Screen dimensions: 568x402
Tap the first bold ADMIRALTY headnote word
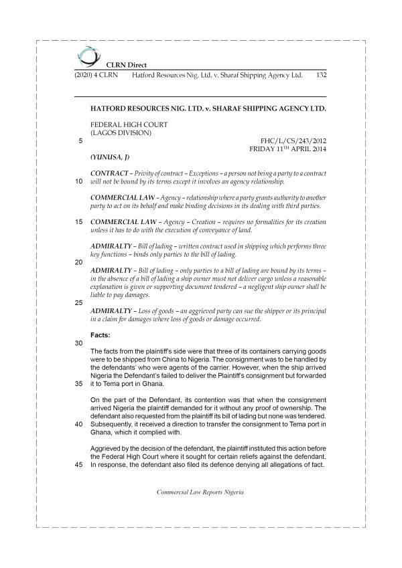[x=111, y=246]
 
